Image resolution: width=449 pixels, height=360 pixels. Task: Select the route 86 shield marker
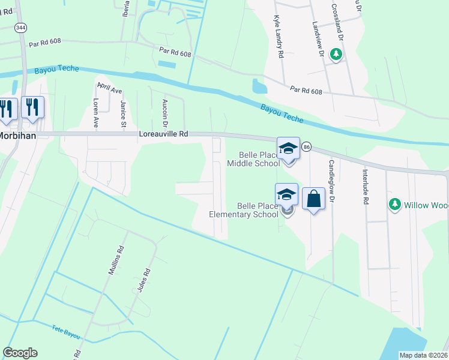click(x=307, y=147)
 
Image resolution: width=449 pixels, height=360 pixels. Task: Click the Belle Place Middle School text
click(x=253, y=158)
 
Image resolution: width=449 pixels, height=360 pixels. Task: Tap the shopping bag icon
click(x=313, y=199)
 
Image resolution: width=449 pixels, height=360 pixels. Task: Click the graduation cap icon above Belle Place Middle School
click(x=288, y=148)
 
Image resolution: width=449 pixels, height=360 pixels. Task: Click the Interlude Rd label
click(x=364, y=186)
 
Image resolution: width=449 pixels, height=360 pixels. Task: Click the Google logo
click(x=20, y=353)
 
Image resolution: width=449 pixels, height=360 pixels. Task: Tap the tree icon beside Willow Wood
click(x=394, y=205)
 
